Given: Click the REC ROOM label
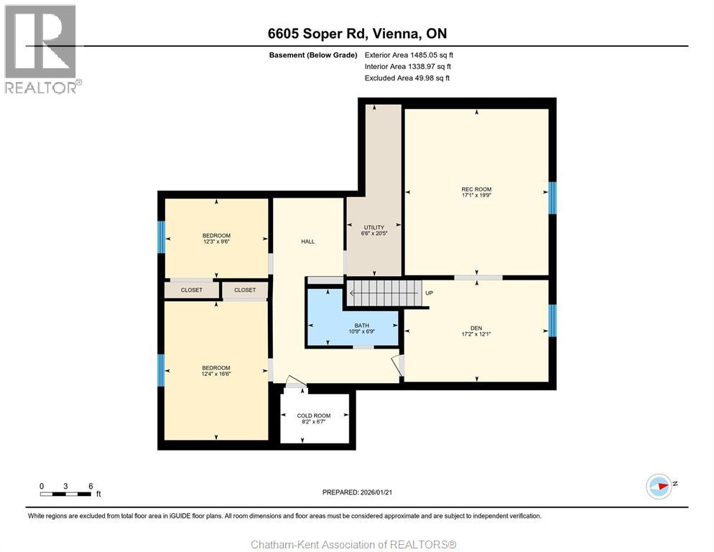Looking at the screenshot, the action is [476, 189].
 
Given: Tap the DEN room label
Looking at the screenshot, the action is [476, 328].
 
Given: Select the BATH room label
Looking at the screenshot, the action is [361, 326].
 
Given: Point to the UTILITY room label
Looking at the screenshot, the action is [374, 227].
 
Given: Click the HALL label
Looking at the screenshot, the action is [308, 241].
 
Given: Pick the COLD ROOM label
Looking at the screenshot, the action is [314, 415].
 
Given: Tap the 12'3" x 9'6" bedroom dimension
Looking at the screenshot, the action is [216, 241].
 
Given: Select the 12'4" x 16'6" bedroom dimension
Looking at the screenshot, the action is [216, 374].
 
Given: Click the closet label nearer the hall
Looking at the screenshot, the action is [245, 290].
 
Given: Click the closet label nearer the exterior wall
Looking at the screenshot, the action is [192, 290].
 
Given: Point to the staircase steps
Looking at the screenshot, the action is [384, 293].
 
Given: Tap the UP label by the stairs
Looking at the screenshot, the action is [429, 293].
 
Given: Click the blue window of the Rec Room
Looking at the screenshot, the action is [552, 198].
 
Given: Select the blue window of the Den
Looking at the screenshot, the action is [552, 321].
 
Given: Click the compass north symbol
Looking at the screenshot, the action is [659, 487].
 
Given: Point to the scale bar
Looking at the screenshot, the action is [65, 494].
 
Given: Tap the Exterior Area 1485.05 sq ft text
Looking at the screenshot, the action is [409, 55].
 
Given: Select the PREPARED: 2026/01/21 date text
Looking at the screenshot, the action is [357, 492].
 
